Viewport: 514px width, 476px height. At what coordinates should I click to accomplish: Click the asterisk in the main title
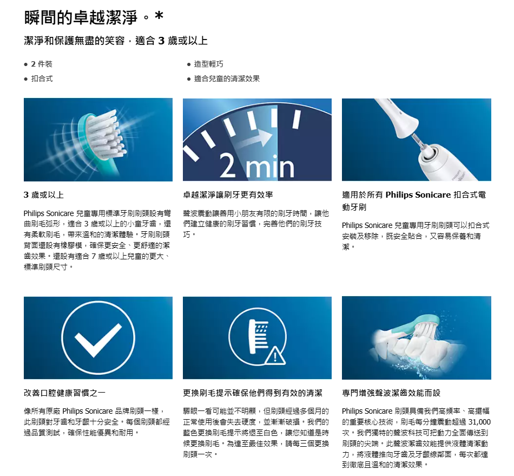tap(159, 15)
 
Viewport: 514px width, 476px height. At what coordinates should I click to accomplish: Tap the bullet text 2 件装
tap(42, 64)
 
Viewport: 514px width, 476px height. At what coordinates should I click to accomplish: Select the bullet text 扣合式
tap(42, 79)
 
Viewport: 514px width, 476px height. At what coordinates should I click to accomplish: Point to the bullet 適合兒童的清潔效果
tap(227, 79)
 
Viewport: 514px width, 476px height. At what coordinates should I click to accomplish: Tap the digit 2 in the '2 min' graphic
tap(228, 166)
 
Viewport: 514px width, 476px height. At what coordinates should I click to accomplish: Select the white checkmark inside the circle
tap(98, 340)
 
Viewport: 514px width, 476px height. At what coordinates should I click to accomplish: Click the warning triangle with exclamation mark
tap(275, 356)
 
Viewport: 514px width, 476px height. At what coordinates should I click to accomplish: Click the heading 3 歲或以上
tap(44, 195)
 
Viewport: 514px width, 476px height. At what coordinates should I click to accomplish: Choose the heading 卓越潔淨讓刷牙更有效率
tap(228, 195)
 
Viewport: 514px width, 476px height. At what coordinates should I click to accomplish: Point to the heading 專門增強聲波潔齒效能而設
tap(391, 393)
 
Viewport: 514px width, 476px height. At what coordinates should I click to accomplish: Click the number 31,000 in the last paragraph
tap(479, 422)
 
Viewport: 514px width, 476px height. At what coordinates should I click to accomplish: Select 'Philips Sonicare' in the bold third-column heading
tap(418, 195)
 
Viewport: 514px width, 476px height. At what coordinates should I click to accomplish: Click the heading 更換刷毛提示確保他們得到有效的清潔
tap(253, 393)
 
